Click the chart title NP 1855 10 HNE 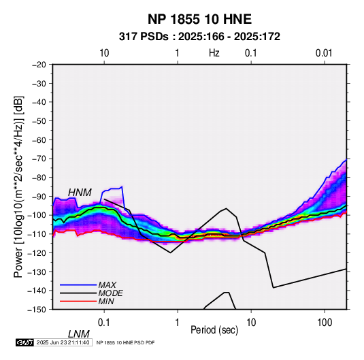pos(199,19)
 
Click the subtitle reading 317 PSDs pos(144,37)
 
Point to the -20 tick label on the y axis pos(39,65)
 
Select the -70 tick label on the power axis pos(39,159)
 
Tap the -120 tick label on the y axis pos(37,252)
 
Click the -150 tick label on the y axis pos(37,310)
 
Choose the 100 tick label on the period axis pos(325,323)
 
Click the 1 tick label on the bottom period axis pos(178,323)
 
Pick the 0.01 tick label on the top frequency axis pos(324,53)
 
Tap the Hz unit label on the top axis pos(214,53)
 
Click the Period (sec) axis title pos(214,330)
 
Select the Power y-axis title pos(18,186)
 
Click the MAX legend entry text pos(107,284)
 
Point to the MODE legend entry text pos(110,293)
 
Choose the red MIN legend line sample pos(78,301)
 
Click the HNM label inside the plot pos(80,193)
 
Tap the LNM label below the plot pos(79,334)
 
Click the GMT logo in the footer pos(24,342)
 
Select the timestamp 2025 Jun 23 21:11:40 pos(63,342)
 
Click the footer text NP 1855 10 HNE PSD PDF pos(125,342)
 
